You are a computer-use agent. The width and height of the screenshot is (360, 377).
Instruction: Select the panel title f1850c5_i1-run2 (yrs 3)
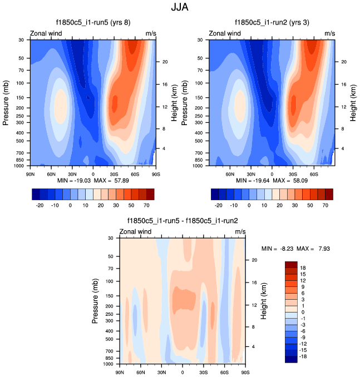coord(273,23)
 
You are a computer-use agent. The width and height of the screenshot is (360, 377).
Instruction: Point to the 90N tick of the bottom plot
coord(120,371)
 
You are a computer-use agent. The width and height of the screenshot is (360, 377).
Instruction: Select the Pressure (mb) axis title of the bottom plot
coord(95,301)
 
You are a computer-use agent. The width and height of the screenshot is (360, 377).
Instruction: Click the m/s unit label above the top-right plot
coord(330,33)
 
